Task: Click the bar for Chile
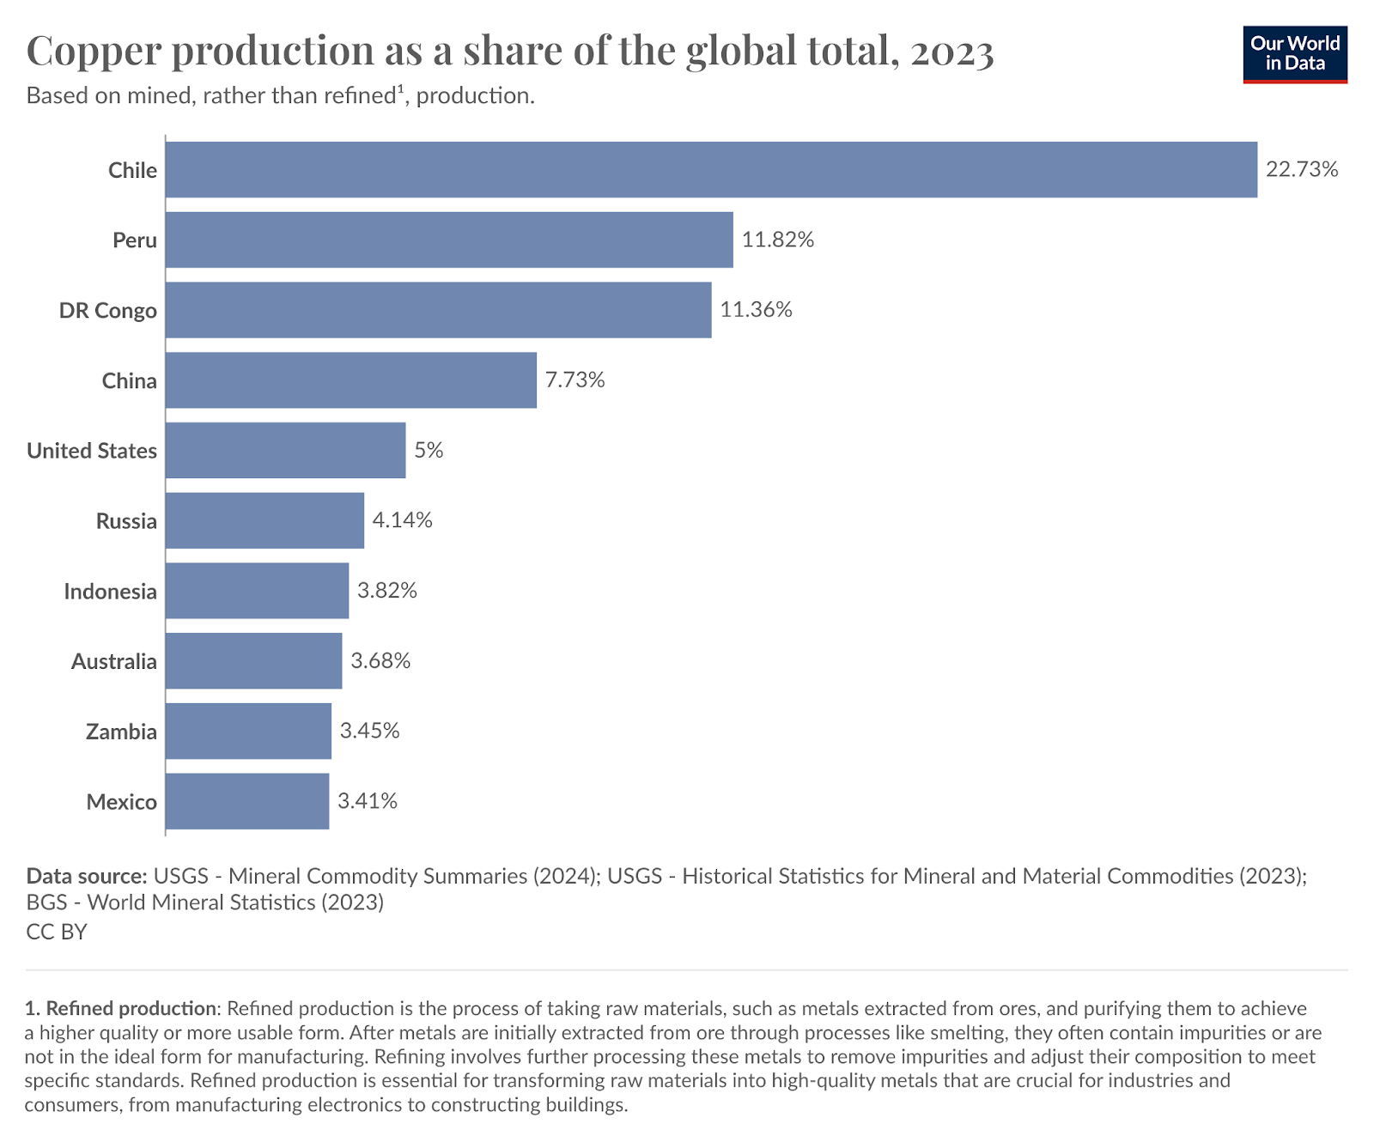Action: (x=711, y=169)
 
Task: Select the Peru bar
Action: (x=449, y=240)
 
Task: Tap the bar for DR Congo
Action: (x=438, y=310)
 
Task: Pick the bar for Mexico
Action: (x=247, y=801)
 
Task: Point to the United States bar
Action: (x=285, y=450)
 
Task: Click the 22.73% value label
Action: (x=1302, y=169)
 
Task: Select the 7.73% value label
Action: (x=575, y=380)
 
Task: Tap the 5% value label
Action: (x=429, y=450)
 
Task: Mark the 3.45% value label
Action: (x=370, y=731)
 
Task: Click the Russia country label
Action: (x=126, y=521)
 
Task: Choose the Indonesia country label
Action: (x=110, y=592)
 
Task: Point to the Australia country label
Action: (x=114, y=661)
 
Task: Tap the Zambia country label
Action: (x=121, y=732)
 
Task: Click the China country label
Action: (x=130, y=380)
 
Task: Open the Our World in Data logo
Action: (x=1295, y=54)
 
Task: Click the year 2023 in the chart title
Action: (x=951, y=52)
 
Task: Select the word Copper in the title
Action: (x=94, y=52)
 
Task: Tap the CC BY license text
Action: (x=57, y=932)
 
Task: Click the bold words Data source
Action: (x=87, y=876)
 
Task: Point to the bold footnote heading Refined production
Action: (x=131, y=1008)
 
